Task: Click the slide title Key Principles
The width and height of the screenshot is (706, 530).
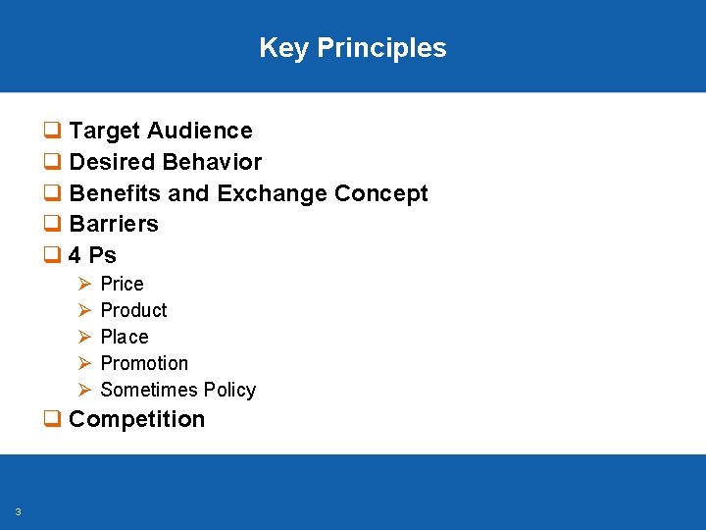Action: pos(353,48)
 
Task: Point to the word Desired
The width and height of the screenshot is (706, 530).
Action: pos(111,162)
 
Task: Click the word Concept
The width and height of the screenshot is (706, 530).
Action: pos(381,193)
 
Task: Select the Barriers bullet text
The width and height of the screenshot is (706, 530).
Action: pos(114,224)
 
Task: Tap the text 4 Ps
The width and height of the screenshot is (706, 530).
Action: pos(93,255)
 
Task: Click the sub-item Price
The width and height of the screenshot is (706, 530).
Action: pos(122,284)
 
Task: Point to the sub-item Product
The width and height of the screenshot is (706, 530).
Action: pos(133,310)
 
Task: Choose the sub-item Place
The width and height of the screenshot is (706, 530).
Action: pos(125,337)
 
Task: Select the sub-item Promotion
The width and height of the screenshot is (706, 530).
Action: pos(144,363)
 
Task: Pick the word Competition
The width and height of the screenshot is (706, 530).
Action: pos(137,419)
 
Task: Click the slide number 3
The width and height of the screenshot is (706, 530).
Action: pos(19,511)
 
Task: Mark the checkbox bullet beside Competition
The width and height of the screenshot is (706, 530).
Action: pos(52,420)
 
